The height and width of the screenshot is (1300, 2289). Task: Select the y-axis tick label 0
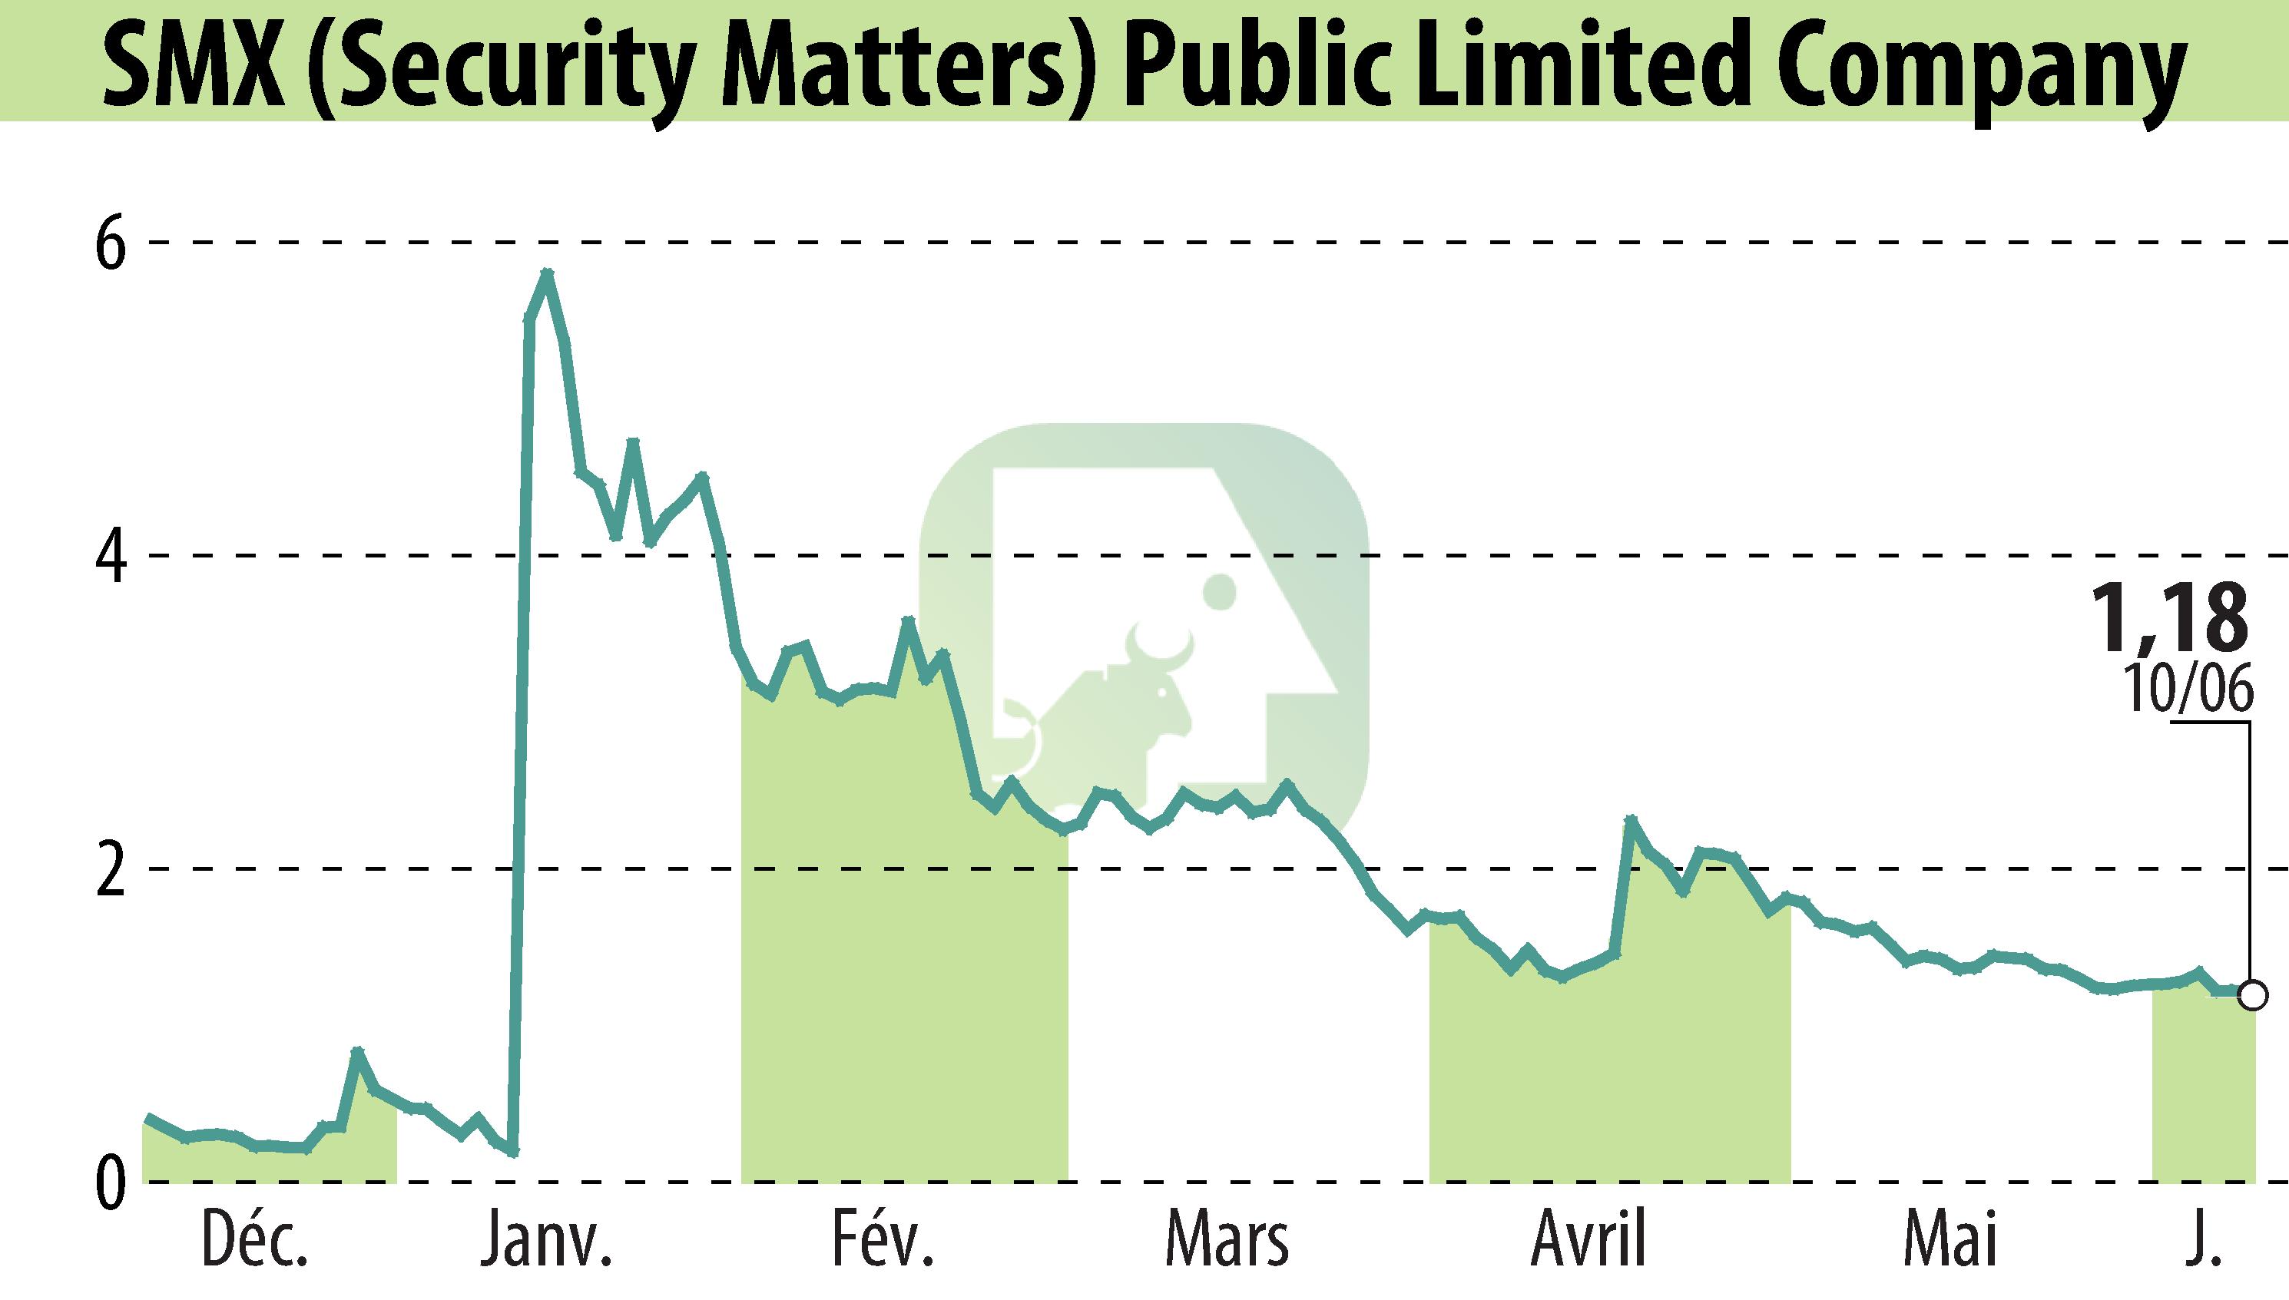[111, 1183]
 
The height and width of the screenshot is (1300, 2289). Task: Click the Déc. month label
[256, 1241]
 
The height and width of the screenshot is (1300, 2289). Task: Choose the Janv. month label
[547, 1241]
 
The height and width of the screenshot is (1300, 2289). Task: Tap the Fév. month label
[884, 1241]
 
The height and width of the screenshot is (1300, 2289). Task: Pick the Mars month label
[1227, 1241]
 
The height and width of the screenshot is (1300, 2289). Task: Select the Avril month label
[1588, 1241]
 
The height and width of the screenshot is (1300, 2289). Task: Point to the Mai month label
[1949, 1241]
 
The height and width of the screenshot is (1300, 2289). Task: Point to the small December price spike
[357, 1052]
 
